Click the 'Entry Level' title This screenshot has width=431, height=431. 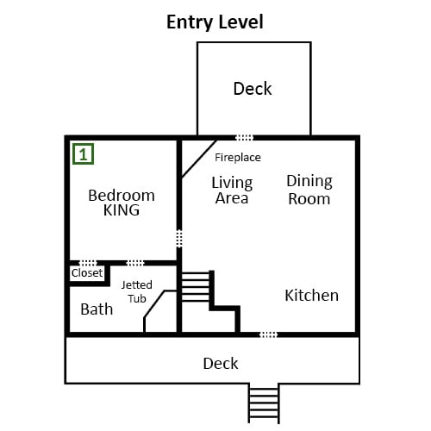click(215, 22)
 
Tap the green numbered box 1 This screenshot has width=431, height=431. click(83, 154)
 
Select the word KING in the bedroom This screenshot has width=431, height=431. click(122, 210)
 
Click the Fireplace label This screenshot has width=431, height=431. click(238, 158)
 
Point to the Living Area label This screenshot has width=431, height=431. click(232, 191)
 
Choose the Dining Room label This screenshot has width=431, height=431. click(309, 190)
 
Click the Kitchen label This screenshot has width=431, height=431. click(311, 295)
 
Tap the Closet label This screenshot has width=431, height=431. click(87, 272)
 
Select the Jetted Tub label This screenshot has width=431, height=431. click(137, 291)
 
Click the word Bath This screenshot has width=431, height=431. click(97, 309)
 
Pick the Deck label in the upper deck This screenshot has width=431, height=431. click(253, 89)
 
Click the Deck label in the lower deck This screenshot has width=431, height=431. click(221, 364)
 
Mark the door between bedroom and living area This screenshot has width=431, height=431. click(179, 239)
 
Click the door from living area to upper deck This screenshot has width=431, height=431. click(245, 138)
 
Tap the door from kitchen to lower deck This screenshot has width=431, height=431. click(269, 334)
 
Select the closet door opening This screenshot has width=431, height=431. click(88, 263)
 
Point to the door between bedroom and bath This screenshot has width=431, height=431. click(135, 263)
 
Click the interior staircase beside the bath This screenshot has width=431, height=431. click(196, 287)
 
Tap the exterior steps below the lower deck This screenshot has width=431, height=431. click(264, 403)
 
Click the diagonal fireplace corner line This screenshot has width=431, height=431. click(199, 159)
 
